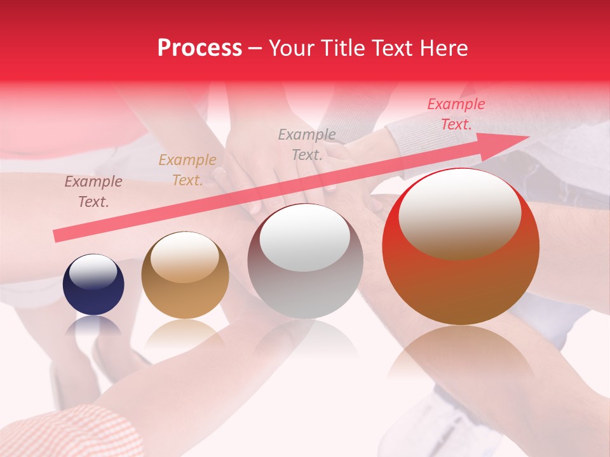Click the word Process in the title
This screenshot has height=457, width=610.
[200, 48]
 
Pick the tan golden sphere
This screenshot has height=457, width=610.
[185, 275]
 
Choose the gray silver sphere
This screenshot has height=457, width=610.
[305, 261]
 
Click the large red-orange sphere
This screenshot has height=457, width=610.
[461, 247]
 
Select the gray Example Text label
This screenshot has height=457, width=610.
[307, 144]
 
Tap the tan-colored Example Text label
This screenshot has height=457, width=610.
[187, 170]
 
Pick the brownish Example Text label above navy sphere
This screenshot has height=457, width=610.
[93, 192]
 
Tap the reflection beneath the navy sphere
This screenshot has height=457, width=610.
[94, 327]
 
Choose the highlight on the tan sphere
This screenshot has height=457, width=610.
[185, 256]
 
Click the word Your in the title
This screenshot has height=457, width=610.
[292, 48]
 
